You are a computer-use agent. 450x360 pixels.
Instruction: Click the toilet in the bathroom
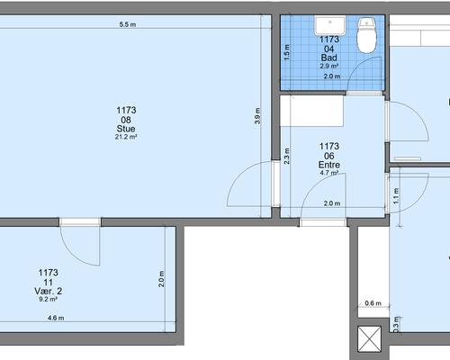pyautogui.click(x=366, y=35)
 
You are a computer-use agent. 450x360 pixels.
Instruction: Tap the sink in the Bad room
pyautogui.click(x=329, y=25)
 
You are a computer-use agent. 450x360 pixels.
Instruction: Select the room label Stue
pyautogui.click(x=126, y=129)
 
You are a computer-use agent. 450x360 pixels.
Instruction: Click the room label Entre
pyautogui.click(x=329, y=165)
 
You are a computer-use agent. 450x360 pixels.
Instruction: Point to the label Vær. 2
pyautogui.click(x=49, y=291)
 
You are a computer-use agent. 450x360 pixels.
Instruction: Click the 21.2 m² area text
pyautogui.click(x=126, y=137)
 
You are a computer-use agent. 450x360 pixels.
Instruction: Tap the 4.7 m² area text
pyautogui.click(x=329, y=173)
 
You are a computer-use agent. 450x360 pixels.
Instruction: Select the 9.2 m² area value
pyautogui.click(x=48, y=299)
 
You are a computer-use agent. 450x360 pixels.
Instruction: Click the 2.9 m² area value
pyautogui.click(x=329, y=66)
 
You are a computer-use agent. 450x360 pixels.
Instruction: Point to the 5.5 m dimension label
pyautogui.click(x=128, y=24)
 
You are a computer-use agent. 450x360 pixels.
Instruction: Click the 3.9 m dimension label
pyautogui.click(x=257, y=116)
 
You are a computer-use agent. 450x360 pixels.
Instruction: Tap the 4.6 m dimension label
pyautogui.click(x=56, y=318)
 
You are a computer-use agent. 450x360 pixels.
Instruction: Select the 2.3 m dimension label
pyautogui.click(x=287, y=156)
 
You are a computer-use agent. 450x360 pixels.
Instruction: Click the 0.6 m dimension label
pyautogui.click(x=373, y=303)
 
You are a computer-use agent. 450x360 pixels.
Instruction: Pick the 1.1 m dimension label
pyautogui.click(x=396, y=196)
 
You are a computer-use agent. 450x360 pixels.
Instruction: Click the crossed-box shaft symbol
pyautogui.click(x=370, y=339)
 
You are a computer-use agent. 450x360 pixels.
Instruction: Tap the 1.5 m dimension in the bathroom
pyautogui.click(x=287, y=52)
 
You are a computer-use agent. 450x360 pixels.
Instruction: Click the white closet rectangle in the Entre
pyautogui.click(x=312, y=111)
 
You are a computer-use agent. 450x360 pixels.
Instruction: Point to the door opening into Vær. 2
pyautogui.click(x=80, y=242)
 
